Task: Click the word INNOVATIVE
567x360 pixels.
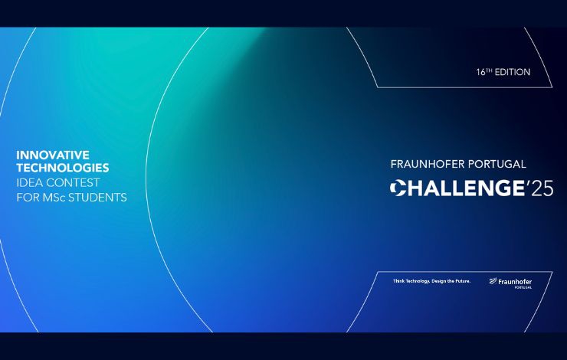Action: (53, 155)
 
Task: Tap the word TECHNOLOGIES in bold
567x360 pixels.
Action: (63, 168)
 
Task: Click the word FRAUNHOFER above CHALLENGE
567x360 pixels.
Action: (427, 164)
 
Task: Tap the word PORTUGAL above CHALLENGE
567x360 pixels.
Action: (497, 164)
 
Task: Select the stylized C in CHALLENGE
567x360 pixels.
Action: (398, 188)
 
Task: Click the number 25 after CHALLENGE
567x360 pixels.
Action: (542, 188)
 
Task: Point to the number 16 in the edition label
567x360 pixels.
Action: (480, 72)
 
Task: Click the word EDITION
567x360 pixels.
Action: (513, 72)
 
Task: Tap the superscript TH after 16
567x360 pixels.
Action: (489, 70)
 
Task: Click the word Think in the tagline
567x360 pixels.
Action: (399, 281)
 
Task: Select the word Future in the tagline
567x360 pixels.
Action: (463, 281)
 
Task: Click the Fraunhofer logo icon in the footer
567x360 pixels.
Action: (493, 281)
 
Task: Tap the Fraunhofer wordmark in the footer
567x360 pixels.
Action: (515, 282)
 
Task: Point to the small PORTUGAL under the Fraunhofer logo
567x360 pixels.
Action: (523, 287)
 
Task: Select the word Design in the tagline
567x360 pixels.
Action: (438, 281)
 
